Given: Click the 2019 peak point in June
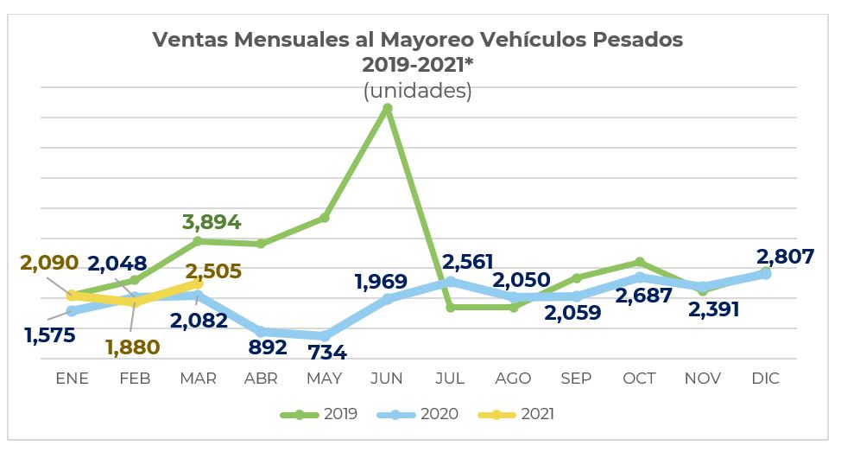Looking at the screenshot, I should (388, 108).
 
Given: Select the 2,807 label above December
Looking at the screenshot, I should (785, 256).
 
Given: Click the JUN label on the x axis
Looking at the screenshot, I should (387, 379).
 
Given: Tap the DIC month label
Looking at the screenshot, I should (765, 379).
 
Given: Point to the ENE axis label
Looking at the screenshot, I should (72, 379).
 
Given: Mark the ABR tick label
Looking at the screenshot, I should (261, 379).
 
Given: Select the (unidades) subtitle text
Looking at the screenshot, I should (418, 91).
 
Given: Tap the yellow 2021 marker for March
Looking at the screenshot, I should (198, 283).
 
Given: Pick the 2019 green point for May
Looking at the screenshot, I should (325, 218).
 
